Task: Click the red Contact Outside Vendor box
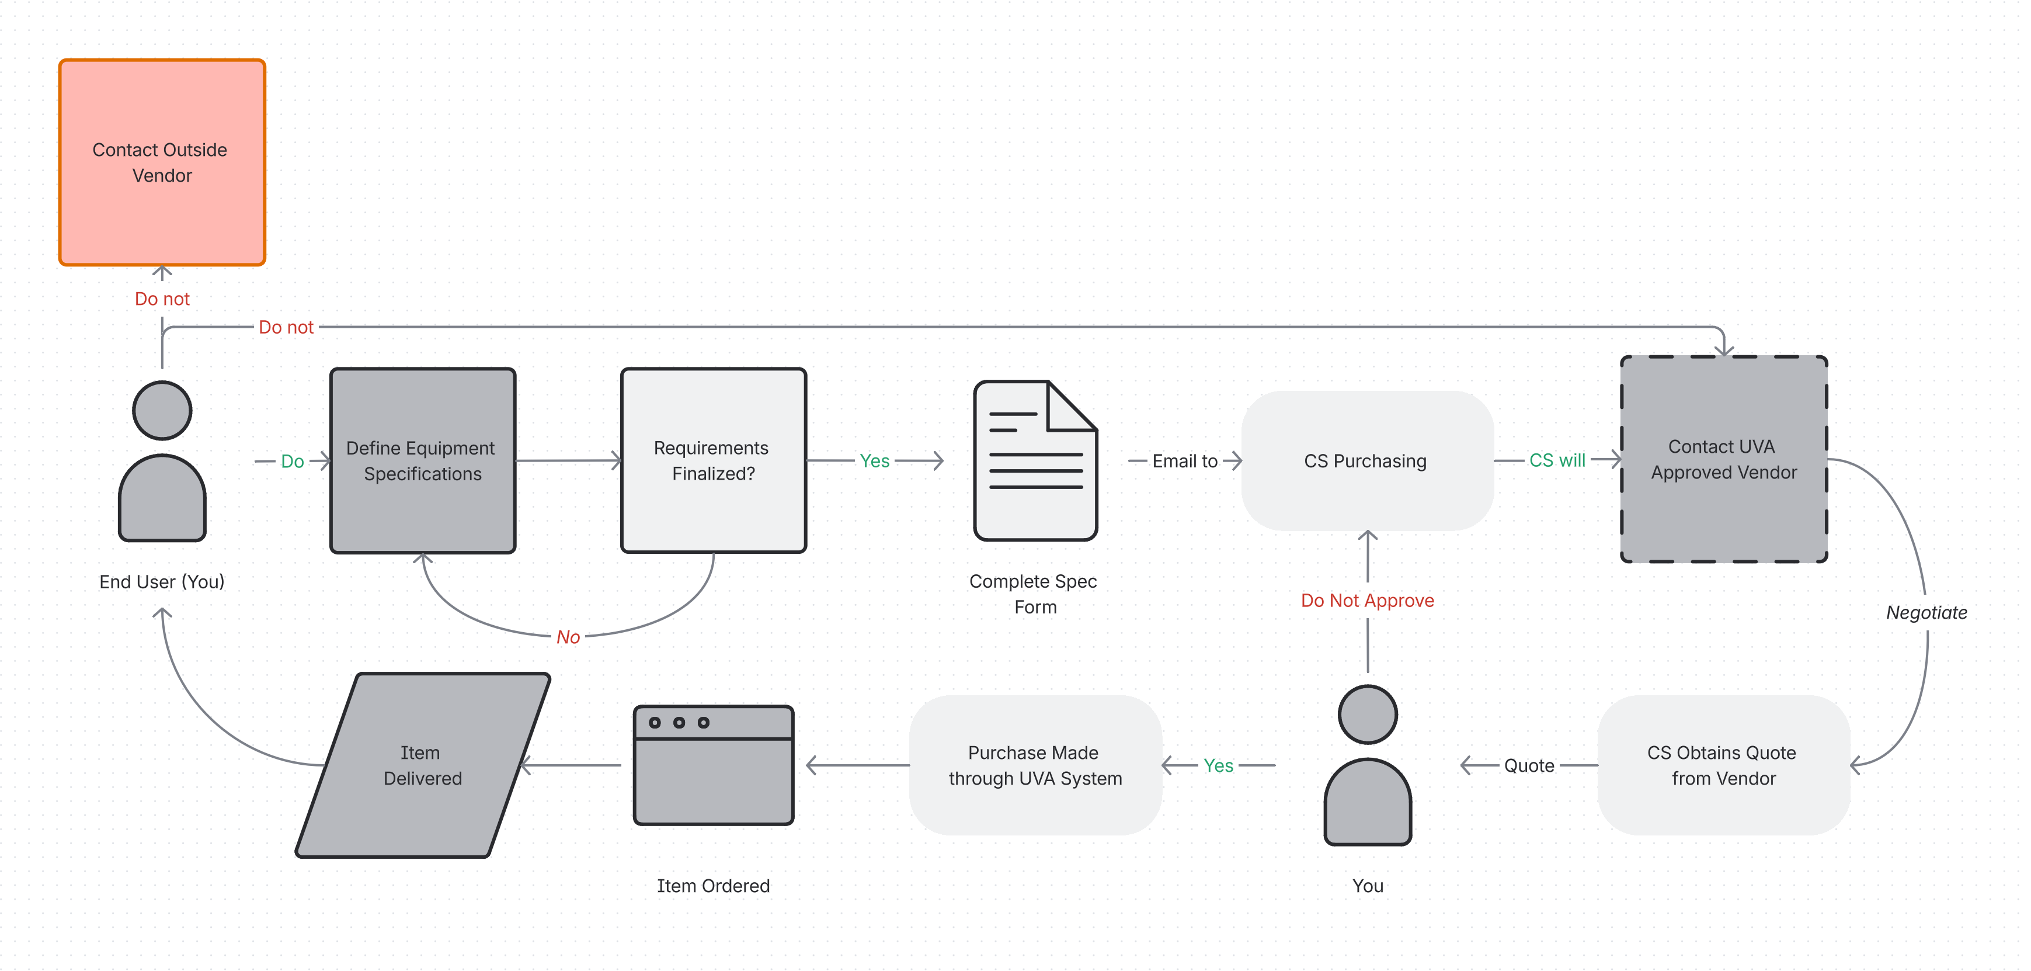click(162, 162)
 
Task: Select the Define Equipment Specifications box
click(423, 460)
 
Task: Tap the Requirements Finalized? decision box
click(714, 460)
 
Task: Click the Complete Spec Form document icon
click(1035, 460)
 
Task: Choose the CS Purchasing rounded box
click(1367, 460)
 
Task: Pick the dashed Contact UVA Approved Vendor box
click(1724, 459)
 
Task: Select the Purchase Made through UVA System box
click(1035, 765)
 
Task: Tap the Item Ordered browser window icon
click(714, 765)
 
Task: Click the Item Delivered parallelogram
click(423, 765)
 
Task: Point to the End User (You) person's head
click(162, 410)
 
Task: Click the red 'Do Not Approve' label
click(1367, 600)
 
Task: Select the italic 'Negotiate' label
click(1926, 612)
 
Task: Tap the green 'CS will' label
click(1557, 460)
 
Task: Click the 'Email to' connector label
click(1185, 460)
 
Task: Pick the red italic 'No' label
click(568, 637)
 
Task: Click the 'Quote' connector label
click(1529, 765)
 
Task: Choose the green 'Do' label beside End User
click(293, 460)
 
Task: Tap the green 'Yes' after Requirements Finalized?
click(874, 460)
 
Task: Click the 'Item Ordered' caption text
click(714, 886)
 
